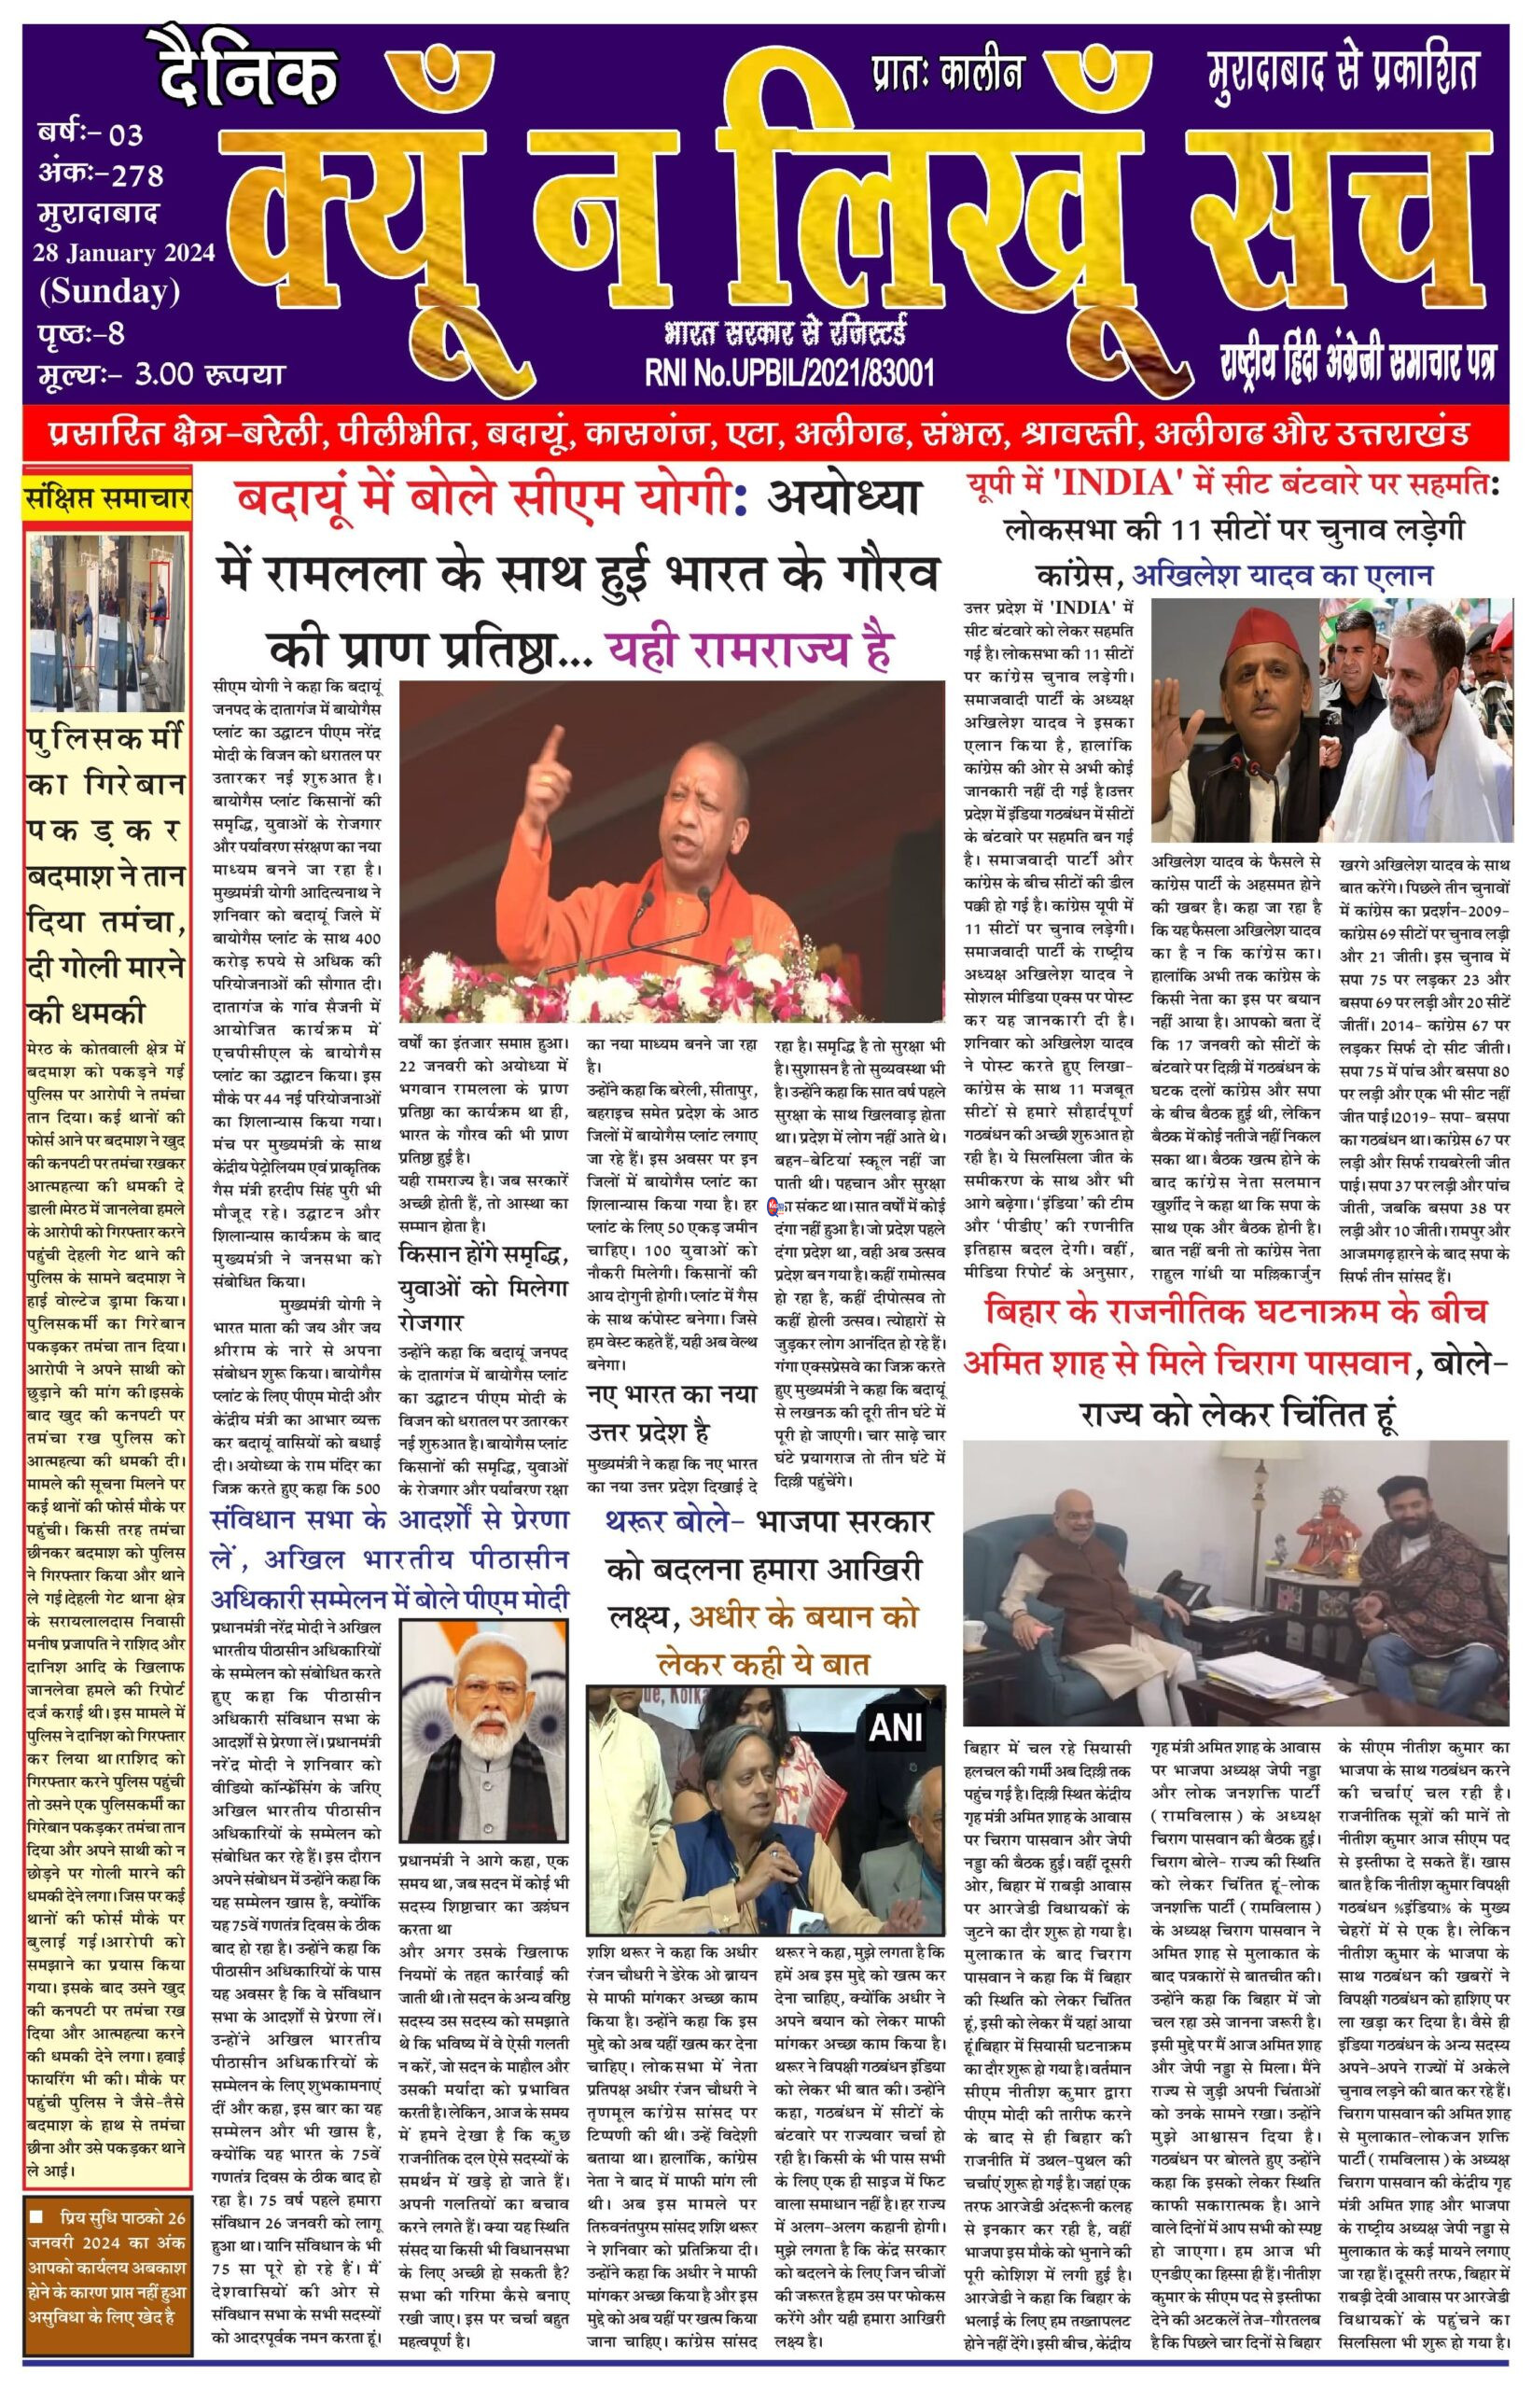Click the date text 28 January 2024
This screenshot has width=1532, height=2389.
(123, 253)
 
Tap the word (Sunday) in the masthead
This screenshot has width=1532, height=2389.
(109, 291)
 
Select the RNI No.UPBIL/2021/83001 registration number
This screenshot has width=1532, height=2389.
(789, 373)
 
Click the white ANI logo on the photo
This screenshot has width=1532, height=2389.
(897, 1727)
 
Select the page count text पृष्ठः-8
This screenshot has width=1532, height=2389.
(81, 332)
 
